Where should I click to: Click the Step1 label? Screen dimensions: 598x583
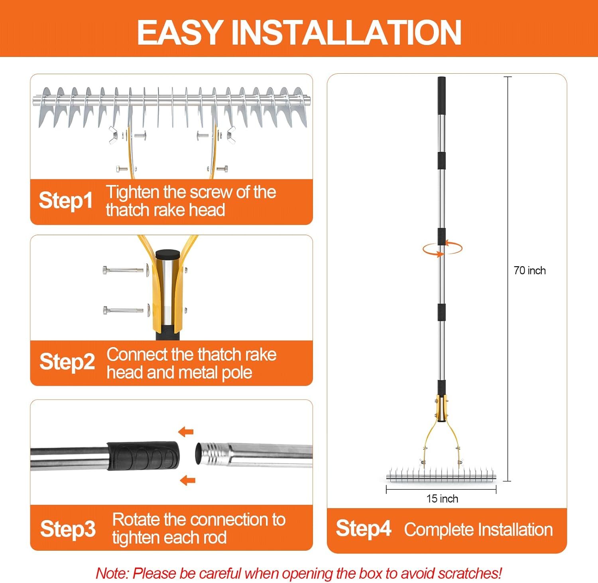point(66,200)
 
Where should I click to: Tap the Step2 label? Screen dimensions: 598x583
point(67,362)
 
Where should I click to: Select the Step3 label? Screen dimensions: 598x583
point(68,529)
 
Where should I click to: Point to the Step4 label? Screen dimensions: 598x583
point(363,528)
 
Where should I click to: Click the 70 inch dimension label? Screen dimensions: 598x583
point(529,271)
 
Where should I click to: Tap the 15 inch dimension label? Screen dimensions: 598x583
point(442,499)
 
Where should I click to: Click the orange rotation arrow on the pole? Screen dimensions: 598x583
point(443,248)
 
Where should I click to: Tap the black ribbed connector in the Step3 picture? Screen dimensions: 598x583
point(143,455)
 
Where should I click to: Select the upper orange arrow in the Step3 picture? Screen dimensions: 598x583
point(186,432)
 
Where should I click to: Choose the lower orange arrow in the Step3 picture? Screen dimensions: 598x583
point(187,480)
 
